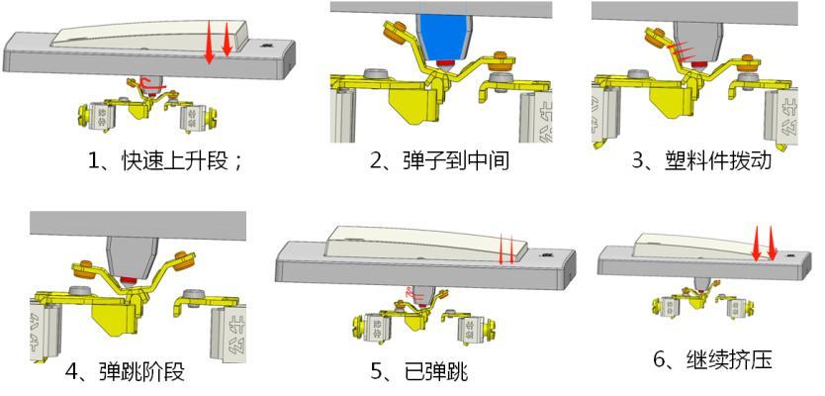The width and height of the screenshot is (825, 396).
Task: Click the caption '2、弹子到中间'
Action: coord(439,158)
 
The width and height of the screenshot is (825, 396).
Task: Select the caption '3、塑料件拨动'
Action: coord(701,158)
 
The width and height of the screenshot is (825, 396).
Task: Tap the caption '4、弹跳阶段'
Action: coord(126,372)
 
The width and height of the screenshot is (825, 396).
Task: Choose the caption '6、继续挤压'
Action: coord(712,358)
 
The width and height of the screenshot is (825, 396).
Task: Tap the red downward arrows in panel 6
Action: coord(765,244)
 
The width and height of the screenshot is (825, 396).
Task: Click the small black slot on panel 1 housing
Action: coord(266,45)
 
